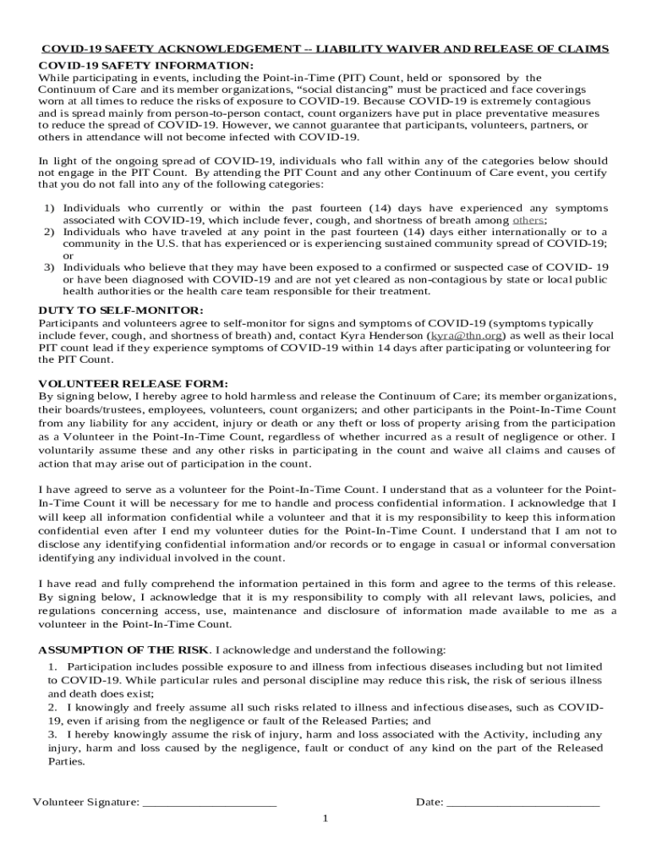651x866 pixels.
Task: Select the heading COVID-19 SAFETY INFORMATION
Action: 145,65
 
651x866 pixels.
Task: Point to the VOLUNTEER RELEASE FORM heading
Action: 134,384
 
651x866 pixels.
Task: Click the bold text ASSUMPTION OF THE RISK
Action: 123,649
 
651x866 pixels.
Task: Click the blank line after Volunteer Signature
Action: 210,802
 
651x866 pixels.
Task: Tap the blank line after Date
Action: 522,802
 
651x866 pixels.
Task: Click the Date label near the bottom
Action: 429,802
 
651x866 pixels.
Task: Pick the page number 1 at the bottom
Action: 325,818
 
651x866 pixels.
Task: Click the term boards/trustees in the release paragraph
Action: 90,408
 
